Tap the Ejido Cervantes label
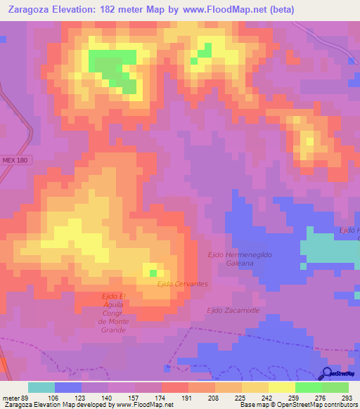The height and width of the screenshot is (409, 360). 182,283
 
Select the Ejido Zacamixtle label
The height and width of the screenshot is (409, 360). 233,310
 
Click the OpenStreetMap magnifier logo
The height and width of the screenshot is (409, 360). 328,374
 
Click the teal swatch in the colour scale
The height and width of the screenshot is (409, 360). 41,387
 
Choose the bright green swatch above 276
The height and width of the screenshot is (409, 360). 309,387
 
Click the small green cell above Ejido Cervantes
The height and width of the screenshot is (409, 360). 153,273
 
